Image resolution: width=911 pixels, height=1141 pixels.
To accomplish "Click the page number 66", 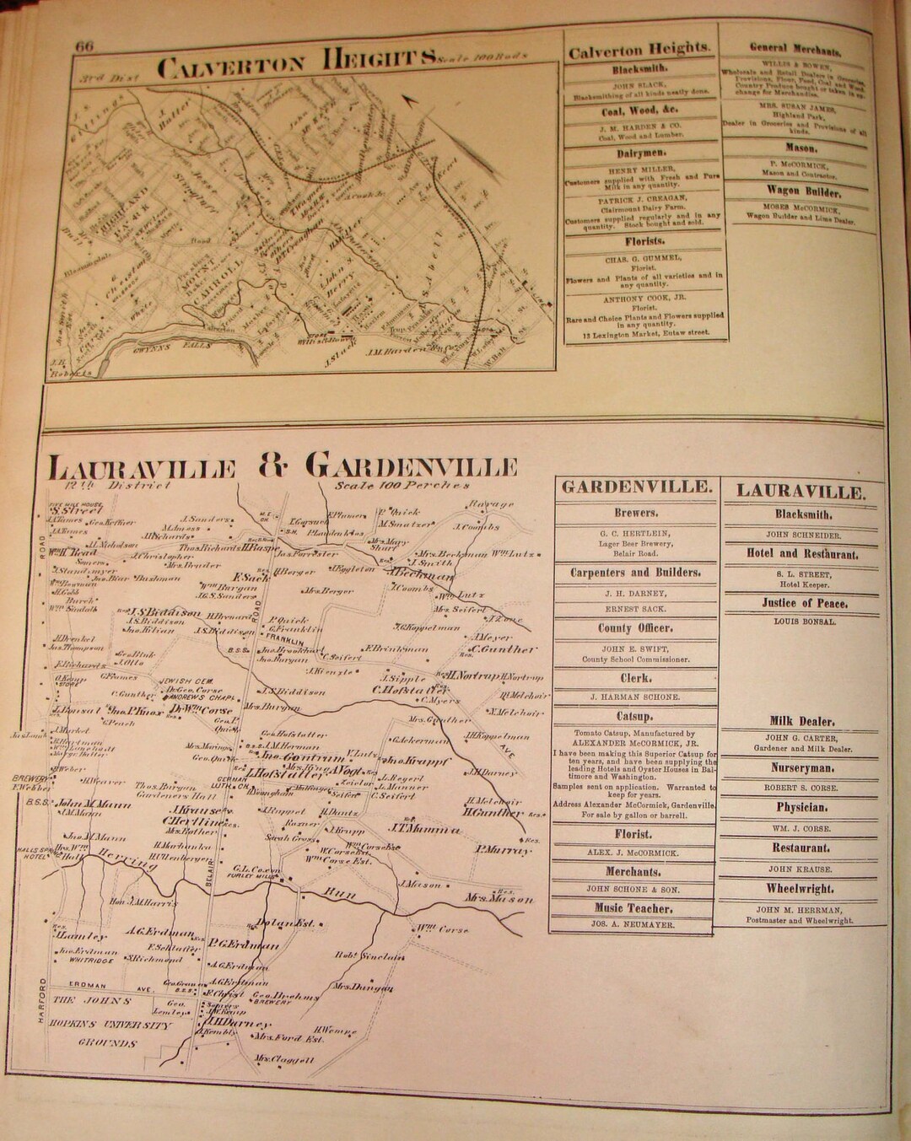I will click(84, 47).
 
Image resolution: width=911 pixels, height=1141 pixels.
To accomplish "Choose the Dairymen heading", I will click(639, 153).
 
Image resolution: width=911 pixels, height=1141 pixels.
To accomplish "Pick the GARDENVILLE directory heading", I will click(635, 487).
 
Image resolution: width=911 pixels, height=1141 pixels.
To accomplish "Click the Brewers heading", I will click(635, 513).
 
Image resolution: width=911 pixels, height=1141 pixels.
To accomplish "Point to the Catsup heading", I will click(634, 717).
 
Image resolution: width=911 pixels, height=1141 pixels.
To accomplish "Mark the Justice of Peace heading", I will click(804, 603).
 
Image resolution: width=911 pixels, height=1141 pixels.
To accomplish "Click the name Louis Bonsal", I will click(804, 622).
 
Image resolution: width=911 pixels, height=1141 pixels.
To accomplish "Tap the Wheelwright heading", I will click(800, 888).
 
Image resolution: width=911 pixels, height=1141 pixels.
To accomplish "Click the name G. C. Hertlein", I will click(634, 533).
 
